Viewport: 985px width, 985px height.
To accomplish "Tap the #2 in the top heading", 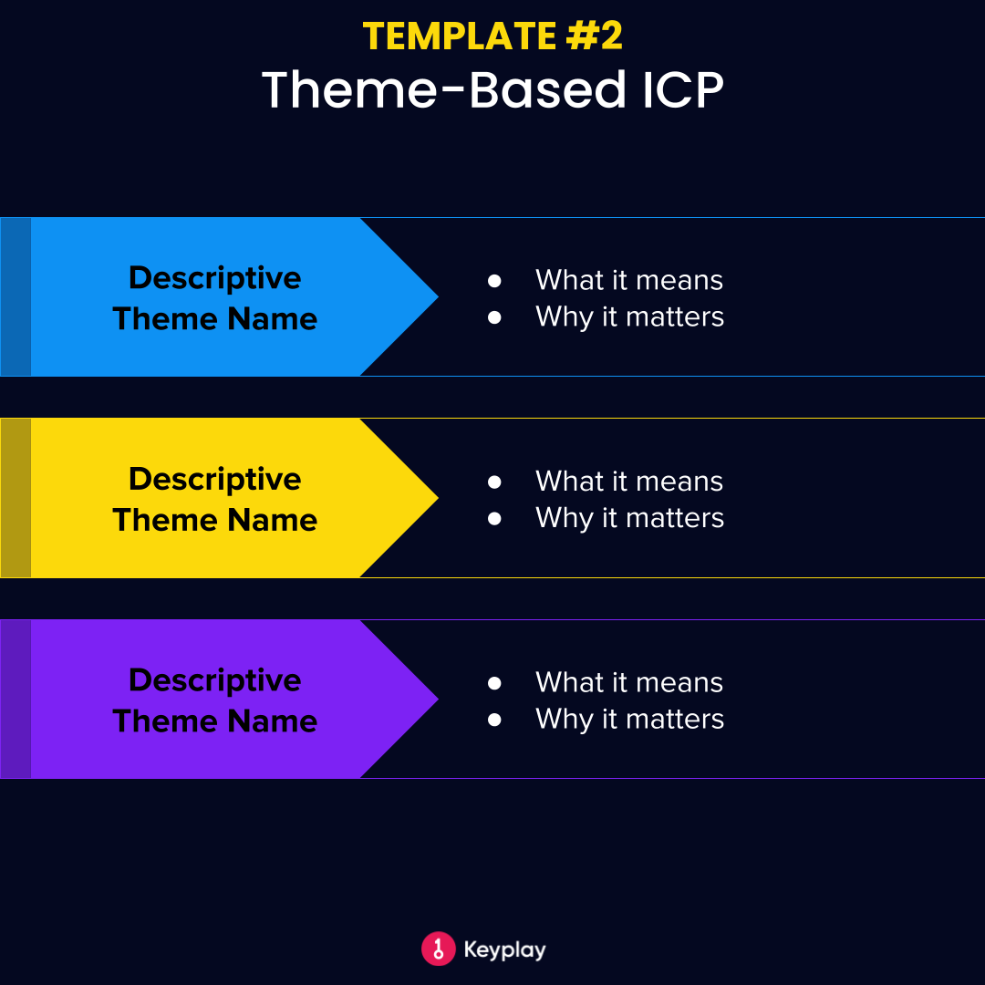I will coord(593,36).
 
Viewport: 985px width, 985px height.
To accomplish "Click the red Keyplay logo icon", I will coord(438,949).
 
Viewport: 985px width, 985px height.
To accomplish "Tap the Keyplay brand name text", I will coord(504,949).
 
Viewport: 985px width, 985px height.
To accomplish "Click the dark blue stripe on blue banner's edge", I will coord(16,296).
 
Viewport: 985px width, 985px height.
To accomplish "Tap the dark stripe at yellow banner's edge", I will coord(16,498).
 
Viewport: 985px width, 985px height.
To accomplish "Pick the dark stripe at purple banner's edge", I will coord(16,700).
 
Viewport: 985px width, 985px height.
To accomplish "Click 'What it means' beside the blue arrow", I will coord(628,280).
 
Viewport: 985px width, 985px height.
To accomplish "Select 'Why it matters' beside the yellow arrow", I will coord(629,518).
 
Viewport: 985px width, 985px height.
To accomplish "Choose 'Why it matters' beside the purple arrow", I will coord(629,720).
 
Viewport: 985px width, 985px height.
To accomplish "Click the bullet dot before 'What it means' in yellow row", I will coord(494,482).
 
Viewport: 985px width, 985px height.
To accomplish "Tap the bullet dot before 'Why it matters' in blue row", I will coord(494,317).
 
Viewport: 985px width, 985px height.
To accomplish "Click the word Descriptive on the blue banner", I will coord(214,277).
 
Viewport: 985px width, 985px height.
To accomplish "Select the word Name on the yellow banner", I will coord(272,520).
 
